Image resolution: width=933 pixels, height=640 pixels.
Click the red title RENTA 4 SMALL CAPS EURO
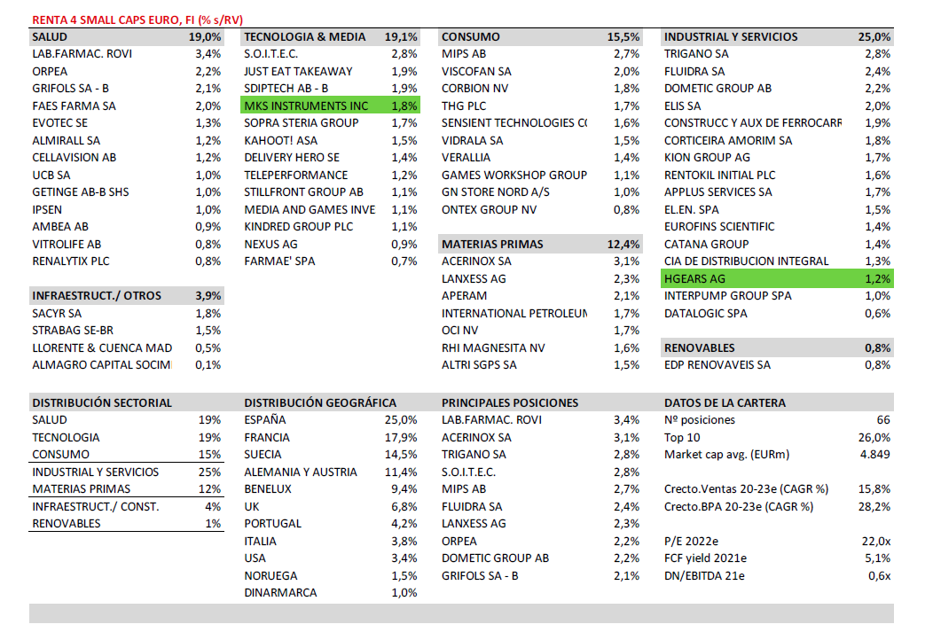click(137, 19)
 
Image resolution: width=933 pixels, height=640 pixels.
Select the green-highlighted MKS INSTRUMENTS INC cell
click(306, 105)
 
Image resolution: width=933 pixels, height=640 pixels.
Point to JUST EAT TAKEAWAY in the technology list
click(298, 71)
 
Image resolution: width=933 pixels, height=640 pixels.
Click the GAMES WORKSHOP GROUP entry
click(514, 175)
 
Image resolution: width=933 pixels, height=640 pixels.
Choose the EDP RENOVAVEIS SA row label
click(717, 365)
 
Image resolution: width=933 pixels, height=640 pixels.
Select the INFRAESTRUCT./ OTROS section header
click(97, 295)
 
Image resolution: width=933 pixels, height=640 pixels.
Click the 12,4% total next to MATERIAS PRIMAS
click(624, 244)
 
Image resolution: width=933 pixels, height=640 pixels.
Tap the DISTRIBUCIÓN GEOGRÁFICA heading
click(320, 402)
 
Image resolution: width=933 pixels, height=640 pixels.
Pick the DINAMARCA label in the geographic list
click(280, 593)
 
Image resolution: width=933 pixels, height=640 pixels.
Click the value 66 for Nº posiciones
click(882, 420)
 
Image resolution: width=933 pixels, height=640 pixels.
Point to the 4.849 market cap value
click(875, 455)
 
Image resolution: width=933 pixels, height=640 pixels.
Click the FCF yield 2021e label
click(705, 558)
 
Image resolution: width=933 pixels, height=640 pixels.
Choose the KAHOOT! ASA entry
click(279, 140)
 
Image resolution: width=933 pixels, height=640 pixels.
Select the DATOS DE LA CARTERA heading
click(725, 402)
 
